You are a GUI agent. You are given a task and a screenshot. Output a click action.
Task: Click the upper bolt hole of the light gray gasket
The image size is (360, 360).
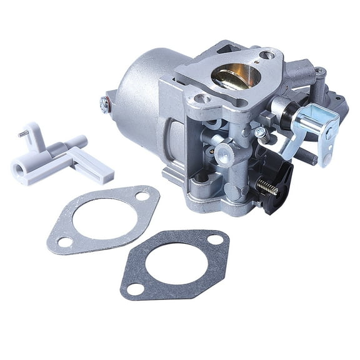point(142,196)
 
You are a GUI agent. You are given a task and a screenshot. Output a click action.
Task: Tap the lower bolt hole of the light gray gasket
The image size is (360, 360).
point(63,241)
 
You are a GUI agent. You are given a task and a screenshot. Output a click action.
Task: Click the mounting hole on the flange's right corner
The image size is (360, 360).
point(267,55)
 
